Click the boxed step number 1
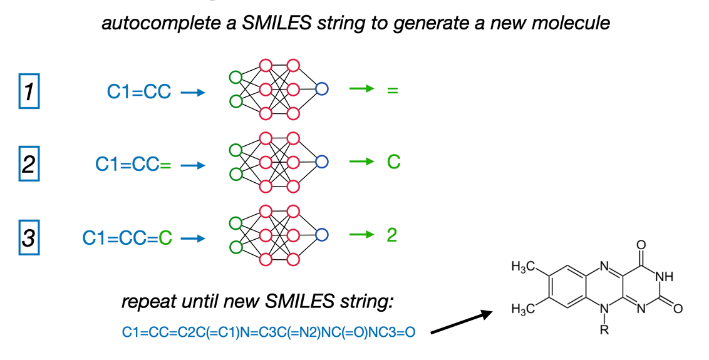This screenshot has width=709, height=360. tap(29, 91)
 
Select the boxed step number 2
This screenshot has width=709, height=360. tap(29, 163)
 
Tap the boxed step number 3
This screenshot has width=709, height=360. tap(29, 237)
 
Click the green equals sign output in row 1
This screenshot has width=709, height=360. tap(393, 90)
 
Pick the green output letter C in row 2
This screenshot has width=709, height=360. tap(394, 162)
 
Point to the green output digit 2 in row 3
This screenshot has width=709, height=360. tap(392, 235)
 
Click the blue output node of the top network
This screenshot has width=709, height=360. tap(321, 89)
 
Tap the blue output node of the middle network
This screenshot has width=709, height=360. tap(321, 162)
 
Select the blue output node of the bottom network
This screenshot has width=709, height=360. tap(321, 235)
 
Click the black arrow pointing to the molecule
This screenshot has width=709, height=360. tap(461, 322)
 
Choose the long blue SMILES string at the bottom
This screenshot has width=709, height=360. tap(269, 332)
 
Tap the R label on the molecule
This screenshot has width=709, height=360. tap(604, 330)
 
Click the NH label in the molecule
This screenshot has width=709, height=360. tap(665, 276)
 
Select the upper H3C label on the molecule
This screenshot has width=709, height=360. tap(523, 267)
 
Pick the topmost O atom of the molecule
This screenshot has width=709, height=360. tap(641, 245)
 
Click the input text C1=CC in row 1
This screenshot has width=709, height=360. tap(139, 92)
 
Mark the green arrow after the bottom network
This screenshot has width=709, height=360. tap(362, 235)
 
